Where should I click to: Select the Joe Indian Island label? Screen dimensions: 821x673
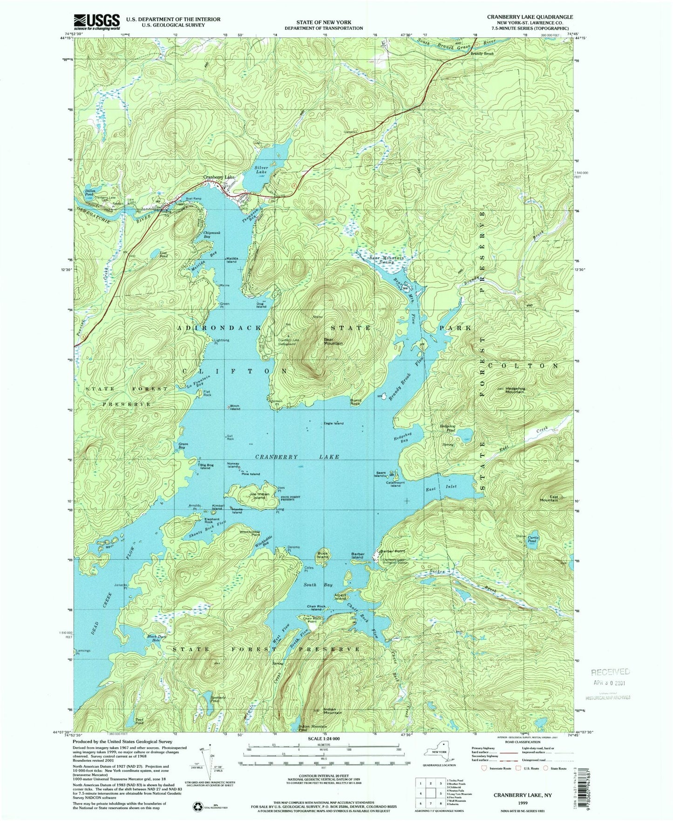[259, 496]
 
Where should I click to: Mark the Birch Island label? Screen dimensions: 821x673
[235, 407]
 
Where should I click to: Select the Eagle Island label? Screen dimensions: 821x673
[334, 423]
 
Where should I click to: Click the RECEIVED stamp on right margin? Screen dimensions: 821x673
[610, 671]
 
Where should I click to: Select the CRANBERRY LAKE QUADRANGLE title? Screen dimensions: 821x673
[530, 16]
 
